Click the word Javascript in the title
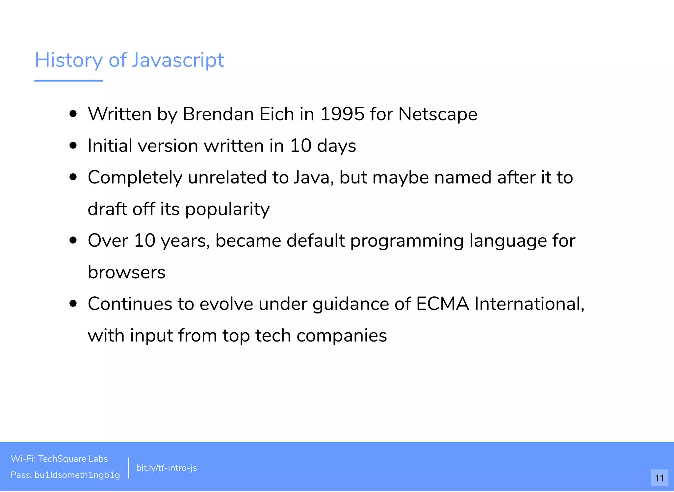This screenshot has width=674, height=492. tap(178, 60)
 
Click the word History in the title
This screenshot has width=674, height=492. tap(69, 60)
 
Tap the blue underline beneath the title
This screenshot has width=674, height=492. tap(69, 81)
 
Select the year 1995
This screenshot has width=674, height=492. tap(342, 114)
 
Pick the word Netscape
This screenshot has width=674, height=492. tap(438, 114)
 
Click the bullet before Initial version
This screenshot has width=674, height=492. tap(73, 146)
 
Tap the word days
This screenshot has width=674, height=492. tap(336, 146)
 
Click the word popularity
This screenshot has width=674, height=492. tap(227, 209)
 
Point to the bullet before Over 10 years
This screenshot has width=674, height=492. tap(73, 240)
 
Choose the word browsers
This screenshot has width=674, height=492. tap(127, 272)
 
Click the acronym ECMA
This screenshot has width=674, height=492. tap(442, 304)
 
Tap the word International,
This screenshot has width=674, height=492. tap(529, 304)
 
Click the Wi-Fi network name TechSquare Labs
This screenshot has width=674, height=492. tap(73, 459)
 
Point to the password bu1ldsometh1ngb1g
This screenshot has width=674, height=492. tap(77, 475)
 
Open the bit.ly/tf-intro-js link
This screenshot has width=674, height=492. tap(167, 468)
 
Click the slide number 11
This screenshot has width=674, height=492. tap(659, 478)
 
